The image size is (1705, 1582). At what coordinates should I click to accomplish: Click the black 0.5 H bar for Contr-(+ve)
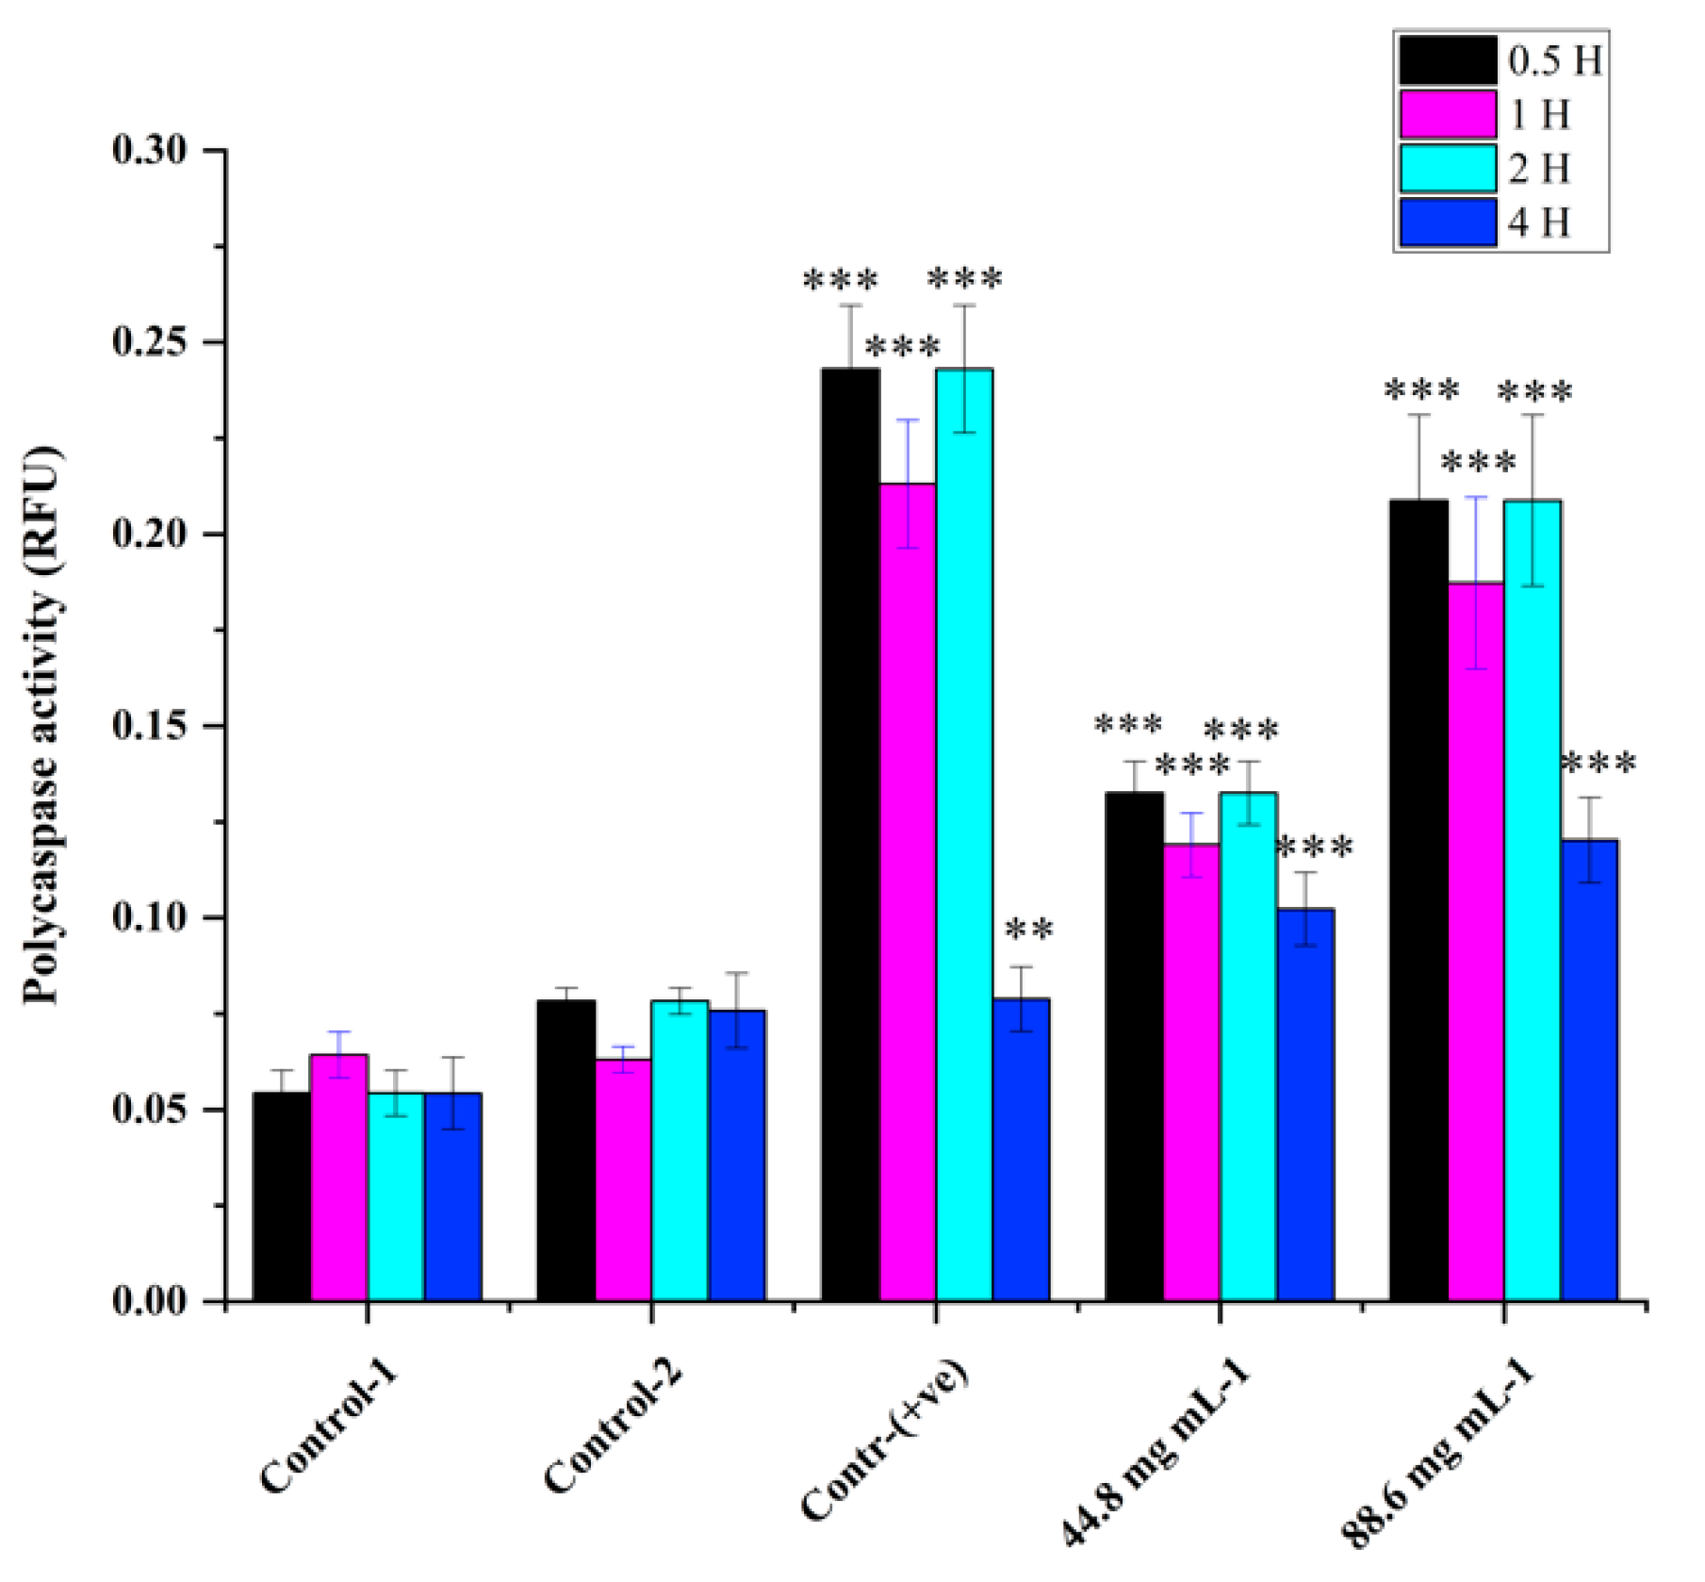click(x=850, y=834)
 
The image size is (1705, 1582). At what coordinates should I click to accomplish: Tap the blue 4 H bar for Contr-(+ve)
click(x=1021, y=1149)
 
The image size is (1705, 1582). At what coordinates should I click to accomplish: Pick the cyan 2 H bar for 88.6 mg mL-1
click(x=1532, y=900)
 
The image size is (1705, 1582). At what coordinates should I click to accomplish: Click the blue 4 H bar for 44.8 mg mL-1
click(x=1305, y=1104)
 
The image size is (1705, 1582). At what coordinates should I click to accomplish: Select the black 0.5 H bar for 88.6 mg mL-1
click(x=1418, y=900)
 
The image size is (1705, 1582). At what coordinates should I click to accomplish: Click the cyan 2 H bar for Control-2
click(x=680, y=1150)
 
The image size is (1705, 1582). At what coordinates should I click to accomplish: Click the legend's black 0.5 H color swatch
click(x=1447, y=60)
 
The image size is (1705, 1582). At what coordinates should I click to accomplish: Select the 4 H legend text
click(x=1540, y=222)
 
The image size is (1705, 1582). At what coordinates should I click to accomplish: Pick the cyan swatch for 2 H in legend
click(x=1447, y=169)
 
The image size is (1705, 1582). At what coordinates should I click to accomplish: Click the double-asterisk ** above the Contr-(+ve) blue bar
click(x=1029, y=931)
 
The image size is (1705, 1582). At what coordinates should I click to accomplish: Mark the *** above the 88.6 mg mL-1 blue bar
click(x=1598, y=763)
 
